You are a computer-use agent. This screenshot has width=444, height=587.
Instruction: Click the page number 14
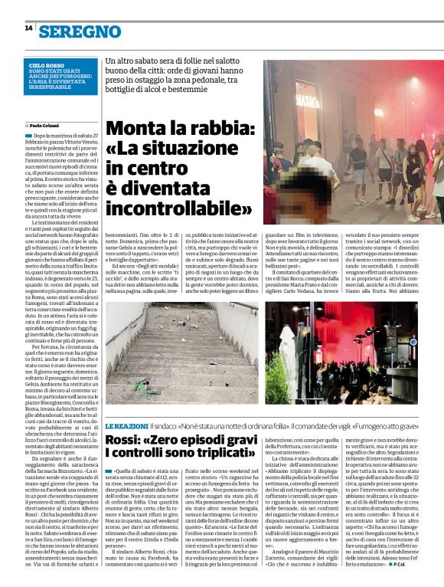point(28,28)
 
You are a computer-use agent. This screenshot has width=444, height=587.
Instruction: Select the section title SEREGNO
point(80,31)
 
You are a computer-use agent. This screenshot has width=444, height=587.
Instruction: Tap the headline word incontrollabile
point(177,208)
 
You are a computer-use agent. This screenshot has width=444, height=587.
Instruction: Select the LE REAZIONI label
point(128,425)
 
